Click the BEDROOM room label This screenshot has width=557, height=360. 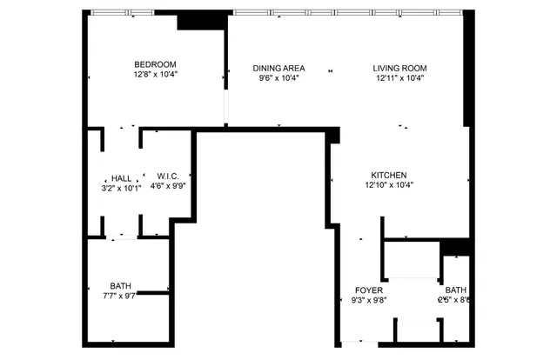tap(155, 64)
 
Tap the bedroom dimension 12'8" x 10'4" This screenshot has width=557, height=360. tap(155, 76)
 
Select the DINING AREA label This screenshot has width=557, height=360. tap(278, 68)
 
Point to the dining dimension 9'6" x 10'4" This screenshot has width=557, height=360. tap(278, 79)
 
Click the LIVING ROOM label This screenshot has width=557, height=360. tap(399, 68)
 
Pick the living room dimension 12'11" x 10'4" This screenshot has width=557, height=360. tap(399, 79)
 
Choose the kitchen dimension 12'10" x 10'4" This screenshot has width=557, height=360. tap(388, 184)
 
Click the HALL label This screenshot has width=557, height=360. tap(121, 177)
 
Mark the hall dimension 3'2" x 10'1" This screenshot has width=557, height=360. tap(121, 188)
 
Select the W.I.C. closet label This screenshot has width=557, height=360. tap(167, 177)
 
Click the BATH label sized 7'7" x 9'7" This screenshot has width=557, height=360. tap(120, 286)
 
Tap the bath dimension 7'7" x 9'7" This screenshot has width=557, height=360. tap(120, 297)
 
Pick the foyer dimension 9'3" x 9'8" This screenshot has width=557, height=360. tap(363, 301)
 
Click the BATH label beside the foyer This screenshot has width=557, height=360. tap(455, 290)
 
